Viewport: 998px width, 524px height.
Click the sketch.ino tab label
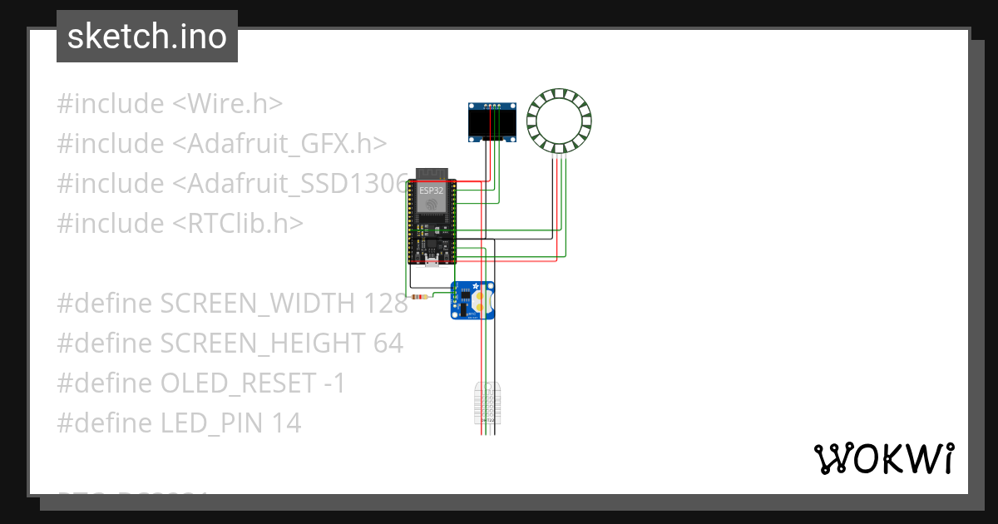coord(146,37)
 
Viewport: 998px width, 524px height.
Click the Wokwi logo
coord(883,458)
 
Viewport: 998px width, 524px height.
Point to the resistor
coord(421,297)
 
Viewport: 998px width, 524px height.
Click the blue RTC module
coord(473,299)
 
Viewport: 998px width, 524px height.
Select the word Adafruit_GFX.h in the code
coord(279,144)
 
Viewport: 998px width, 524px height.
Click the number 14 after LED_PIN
coord(286,423)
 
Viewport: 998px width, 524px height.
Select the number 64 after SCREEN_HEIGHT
coord(388,344)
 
